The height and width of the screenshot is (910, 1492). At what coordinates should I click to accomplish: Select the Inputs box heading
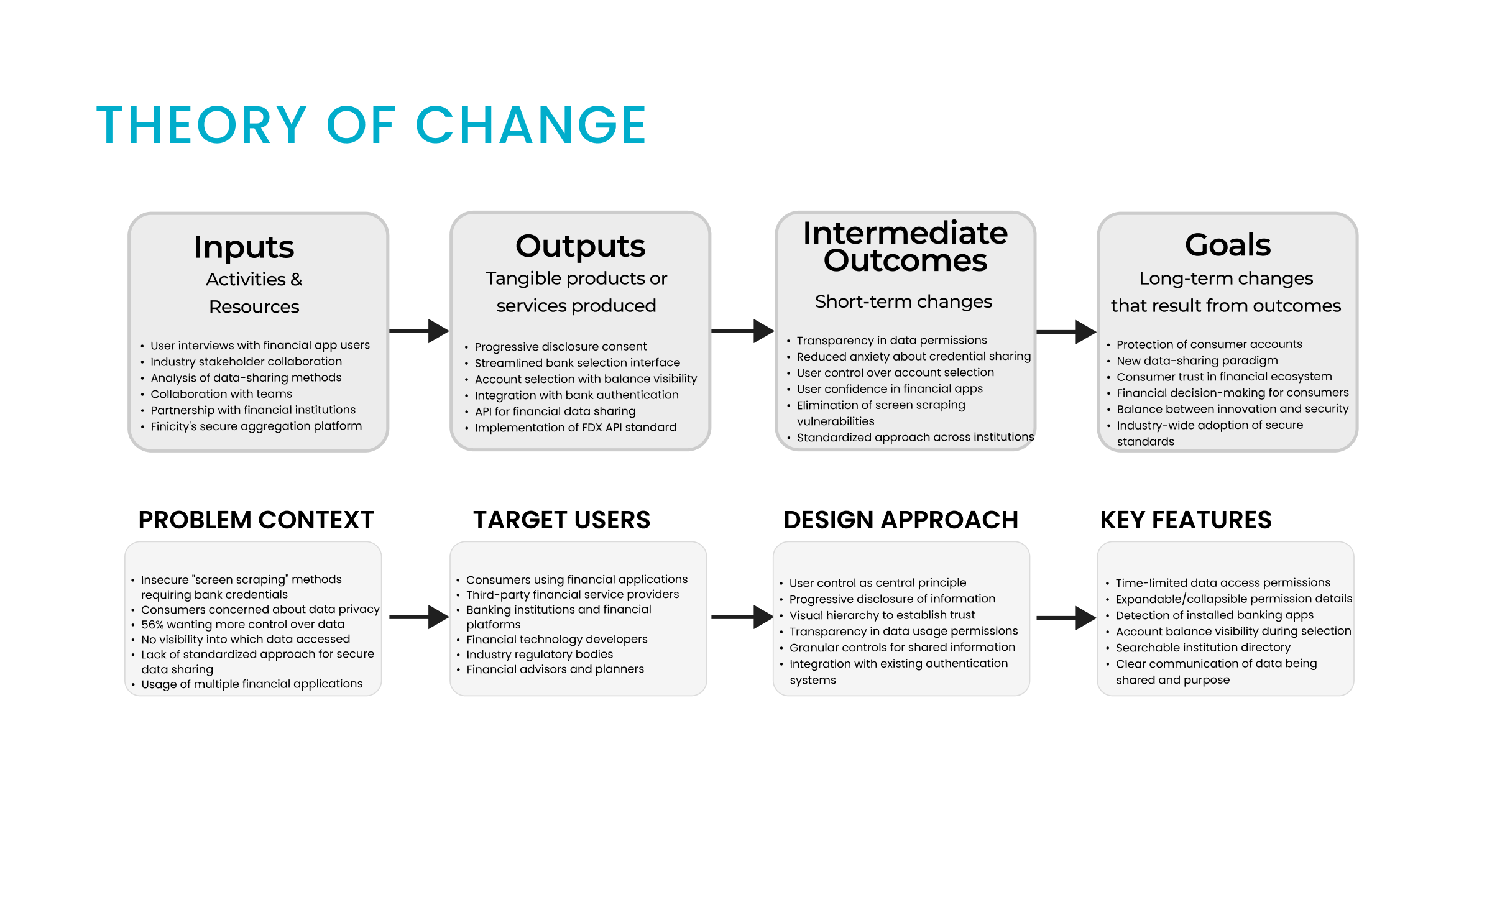coord(244,247)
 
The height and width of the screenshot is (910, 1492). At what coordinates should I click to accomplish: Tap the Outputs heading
coord(580,246)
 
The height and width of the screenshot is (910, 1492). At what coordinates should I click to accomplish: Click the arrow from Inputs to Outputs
coord(419,331)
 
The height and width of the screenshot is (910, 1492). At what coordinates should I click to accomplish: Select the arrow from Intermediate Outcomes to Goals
coord(1066,332)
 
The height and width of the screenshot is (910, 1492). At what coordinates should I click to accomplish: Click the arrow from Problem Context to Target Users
coord(419,617)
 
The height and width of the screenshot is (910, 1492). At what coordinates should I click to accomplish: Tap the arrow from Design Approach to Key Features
coord(1066,618)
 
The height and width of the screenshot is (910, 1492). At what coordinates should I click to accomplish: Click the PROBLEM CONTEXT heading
coord(256,520)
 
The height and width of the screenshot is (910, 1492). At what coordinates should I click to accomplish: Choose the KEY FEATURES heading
coord(1186,520)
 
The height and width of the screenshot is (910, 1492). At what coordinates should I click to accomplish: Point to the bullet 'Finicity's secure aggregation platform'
coord(256,426)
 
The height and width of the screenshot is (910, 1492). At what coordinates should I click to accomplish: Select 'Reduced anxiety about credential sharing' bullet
coord(914,356)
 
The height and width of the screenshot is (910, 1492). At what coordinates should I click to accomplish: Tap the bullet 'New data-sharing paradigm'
coord(1197,361)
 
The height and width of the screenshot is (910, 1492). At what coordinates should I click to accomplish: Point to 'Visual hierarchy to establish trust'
coord(882,615)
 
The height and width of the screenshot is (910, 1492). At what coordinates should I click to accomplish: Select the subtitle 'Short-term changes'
coord(903,301)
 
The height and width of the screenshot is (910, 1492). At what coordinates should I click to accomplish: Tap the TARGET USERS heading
coord(561,520)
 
